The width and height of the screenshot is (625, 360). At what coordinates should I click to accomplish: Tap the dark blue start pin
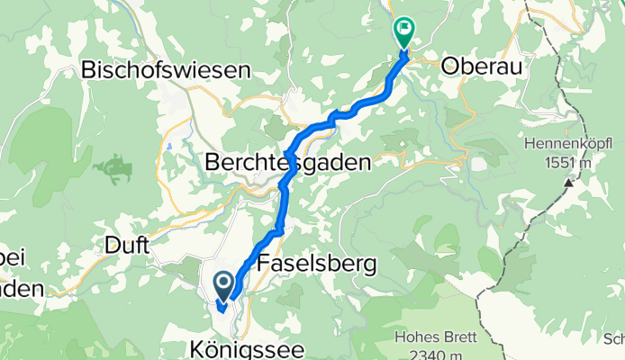[x=223, y=286]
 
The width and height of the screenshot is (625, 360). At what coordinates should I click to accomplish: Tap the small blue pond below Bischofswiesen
[x=169, y=144]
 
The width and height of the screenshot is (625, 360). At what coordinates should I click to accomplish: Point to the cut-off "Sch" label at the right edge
[x=613, y=337]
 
